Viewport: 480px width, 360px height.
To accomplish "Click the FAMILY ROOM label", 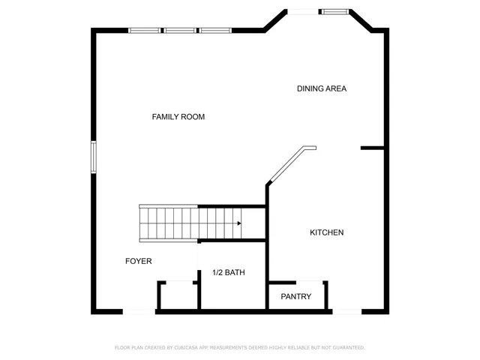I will click(178, 117).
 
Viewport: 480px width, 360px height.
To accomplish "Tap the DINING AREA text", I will click(321, 88).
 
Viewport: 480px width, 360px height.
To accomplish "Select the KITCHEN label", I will click(327, 232).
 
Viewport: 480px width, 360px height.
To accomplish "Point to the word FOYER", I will click(138, 261).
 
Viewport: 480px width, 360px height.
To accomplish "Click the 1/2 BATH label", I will click(228, 272).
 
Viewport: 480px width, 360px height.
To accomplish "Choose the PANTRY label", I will click(295, 296).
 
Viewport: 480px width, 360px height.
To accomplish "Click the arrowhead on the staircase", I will click(238, 223).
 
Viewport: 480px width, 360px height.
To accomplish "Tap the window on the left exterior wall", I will click(94, 157).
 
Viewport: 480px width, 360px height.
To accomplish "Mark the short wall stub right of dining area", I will click(372, 148).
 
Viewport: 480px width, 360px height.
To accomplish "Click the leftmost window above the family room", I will click(145, 31).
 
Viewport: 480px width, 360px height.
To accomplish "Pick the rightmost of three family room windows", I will click(214, 31).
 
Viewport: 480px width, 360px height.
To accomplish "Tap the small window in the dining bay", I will click(333, 11).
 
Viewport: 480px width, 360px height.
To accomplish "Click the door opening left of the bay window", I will click(303, 11).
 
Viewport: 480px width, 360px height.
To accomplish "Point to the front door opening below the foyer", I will click(139, 310).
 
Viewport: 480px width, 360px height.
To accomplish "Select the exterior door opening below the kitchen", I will click(346, 310).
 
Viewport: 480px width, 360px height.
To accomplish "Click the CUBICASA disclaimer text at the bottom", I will click(239, 348).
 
